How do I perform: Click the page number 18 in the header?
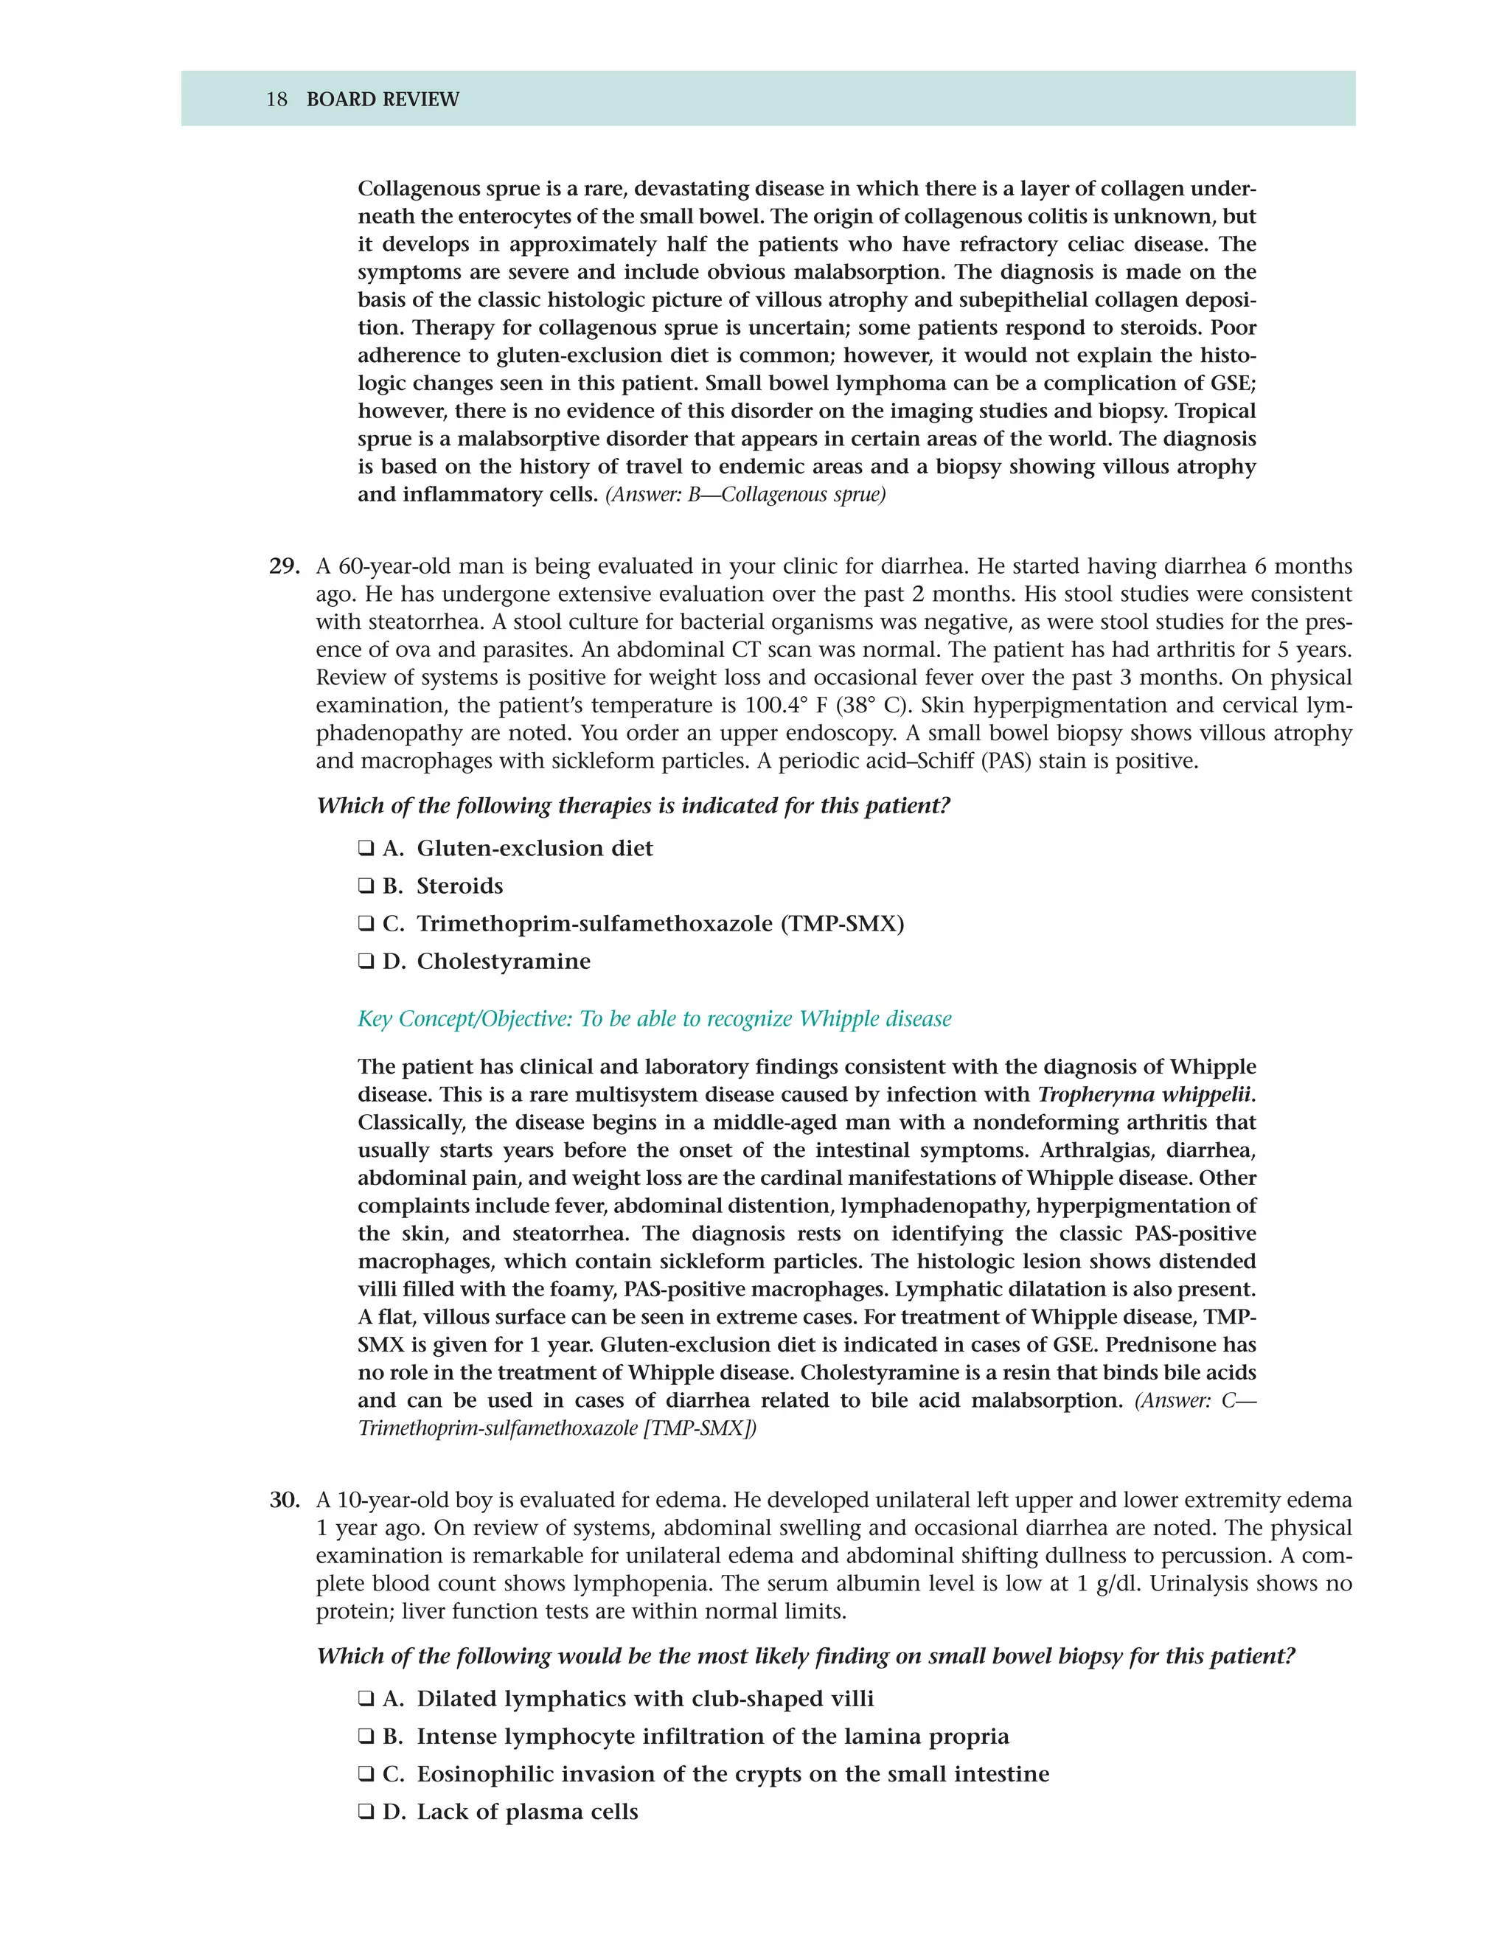(x=276, y=100)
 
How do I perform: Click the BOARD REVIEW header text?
(x=382, y=100)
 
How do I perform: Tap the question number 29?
(x=284, y=566)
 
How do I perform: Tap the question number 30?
(x=284, y=1500)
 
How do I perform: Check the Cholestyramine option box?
(x=365, y=961)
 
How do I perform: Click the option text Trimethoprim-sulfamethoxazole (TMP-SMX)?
(x=660, y=923)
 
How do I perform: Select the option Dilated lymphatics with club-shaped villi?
(x=645, y=1698)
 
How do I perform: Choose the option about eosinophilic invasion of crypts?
(x=733, y=1773)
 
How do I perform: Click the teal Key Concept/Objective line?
(x=654, y=1019)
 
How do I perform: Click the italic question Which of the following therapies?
(x=633, y=805)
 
